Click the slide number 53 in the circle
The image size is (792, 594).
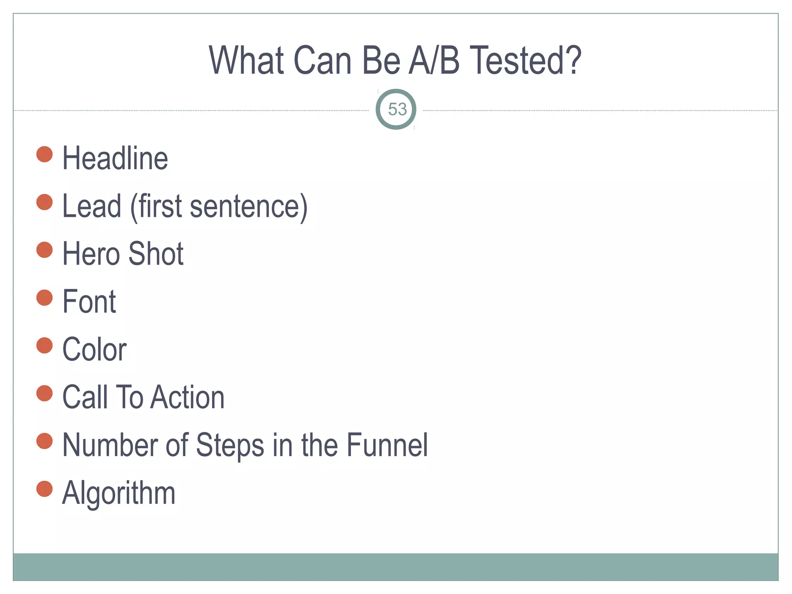tap(397, 109)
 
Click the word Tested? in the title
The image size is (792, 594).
tap(527, 60)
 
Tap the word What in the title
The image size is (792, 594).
tap(247, 60)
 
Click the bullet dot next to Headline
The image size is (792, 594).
tap(44, 154)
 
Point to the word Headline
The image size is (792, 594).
tap(115, 158)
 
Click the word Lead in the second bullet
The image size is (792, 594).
tap(92, 206)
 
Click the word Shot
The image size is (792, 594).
tap(156, 254)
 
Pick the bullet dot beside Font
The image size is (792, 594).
tap(44, 298)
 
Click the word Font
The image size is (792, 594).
tap(89, 302)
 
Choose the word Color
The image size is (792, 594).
tap(95, 349)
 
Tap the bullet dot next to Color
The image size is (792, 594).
tap(44, 345)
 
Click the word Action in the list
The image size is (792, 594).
tap(188, 397)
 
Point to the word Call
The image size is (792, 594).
tap(85, 397)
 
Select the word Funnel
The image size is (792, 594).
tap(387, 445)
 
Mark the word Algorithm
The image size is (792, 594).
tap(119, 493)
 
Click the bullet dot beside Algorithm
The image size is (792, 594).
tap(44, 489)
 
